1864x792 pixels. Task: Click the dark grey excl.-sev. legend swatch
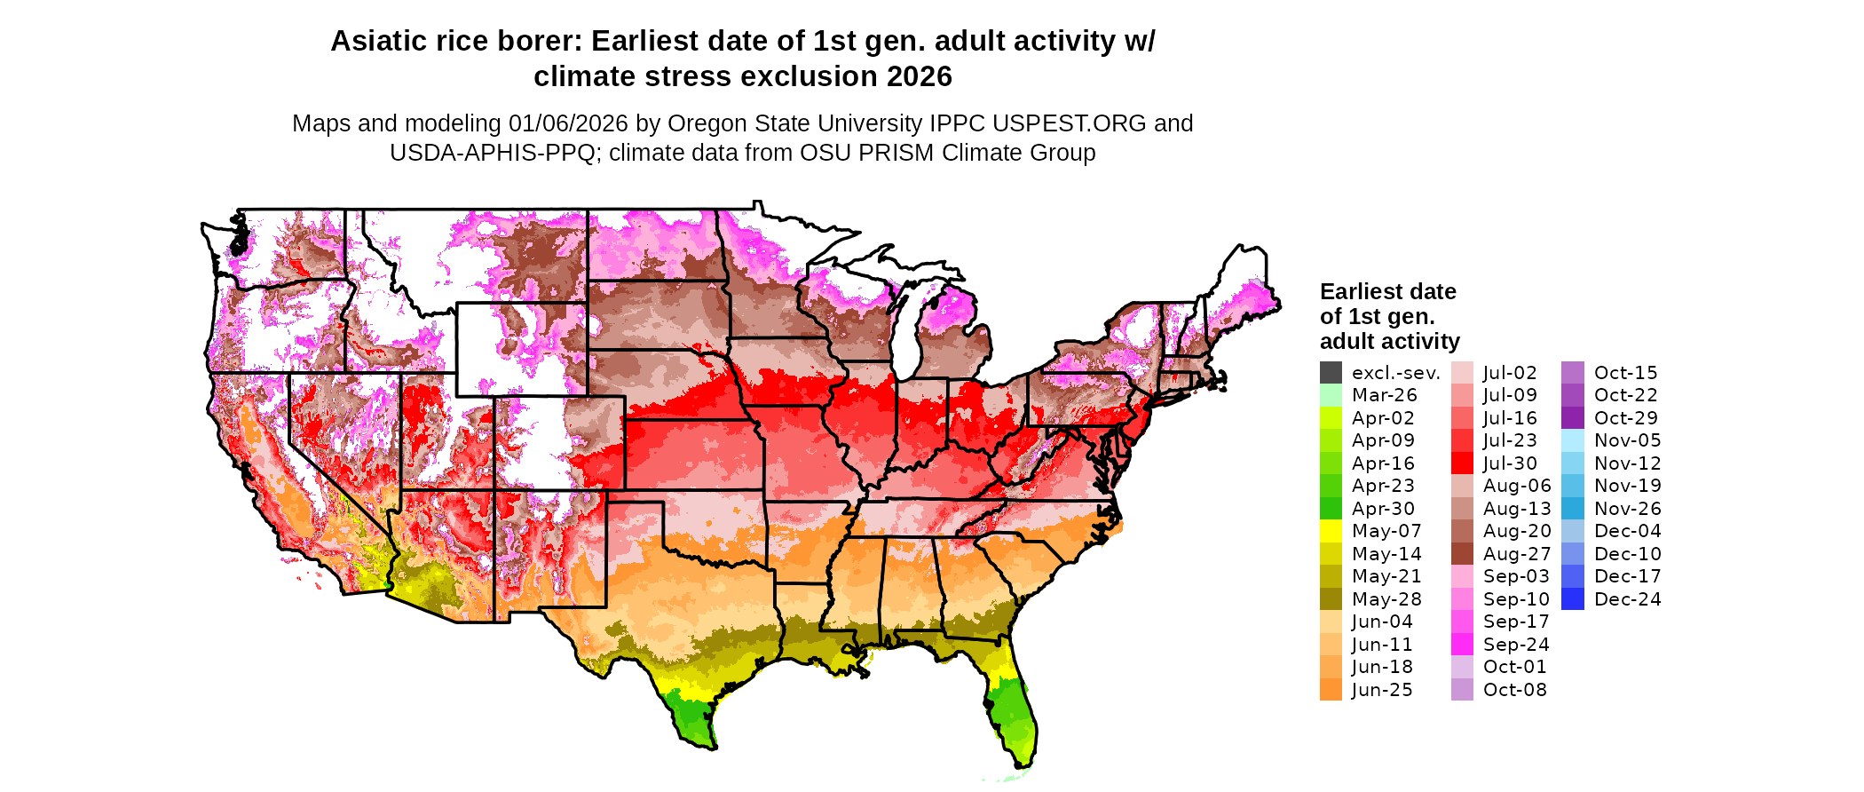click(x=1331, y=373)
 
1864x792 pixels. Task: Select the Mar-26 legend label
click(x=1384, y=395)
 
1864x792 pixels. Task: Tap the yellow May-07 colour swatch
click(x=1331, y=531)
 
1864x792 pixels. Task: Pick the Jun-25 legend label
click(x=1382, y=690)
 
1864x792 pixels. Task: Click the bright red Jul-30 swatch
click(x=1462, y=463)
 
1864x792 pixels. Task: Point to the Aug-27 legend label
click(x=1517, y=554)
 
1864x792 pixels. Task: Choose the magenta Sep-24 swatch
click(x=1462, y=645)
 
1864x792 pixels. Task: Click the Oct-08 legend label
click(x=1514, y=690)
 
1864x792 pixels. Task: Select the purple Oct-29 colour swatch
click(x=1572, y=418)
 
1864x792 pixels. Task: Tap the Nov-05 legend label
click(x=1627, y=440)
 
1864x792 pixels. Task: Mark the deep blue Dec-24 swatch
click(x=1572, y=599)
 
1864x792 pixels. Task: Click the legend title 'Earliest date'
click(x=1387, y=292)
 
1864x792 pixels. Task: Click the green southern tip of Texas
click(x=692, y=719)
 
